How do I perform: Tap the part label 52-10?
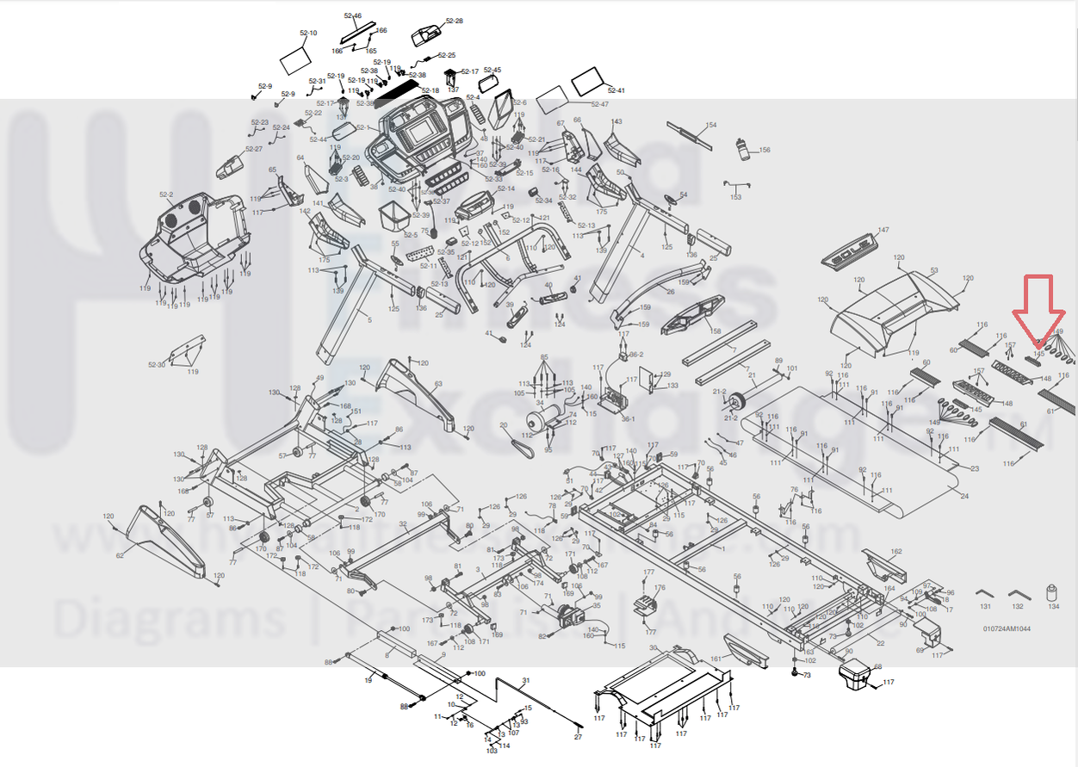click(308, 34)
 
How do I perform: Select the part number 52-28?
click(454, 21)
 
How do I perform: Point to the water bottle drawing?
click(741, 149)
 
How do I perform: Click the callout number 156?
click(764, 151)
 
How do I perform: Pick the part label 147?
click(883, 231)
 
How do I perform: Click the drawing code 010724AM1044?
click(1007, 628)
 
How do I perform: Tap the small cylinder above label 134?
click(1051, 593)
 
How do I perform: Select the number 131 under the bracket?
click(986, 607)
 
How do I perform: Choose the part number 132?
click(1018, 607)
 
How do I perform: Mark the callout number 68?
click(878, 666)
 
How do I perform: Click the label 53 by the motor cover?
click(934, 270)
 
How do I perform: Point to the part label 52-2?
click(166, 195)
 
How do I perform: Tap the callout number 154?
click(710, 126)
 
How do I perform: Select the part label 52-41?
click(616, 90)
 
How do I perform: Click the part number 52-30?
click(157, 365)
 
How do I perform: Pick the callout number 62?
click(120, 555)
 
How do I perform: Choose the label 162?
click(896, 552)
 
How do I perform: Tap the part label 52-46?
click(353, 16)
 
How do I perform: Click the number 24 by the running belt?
click(963, 497)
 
